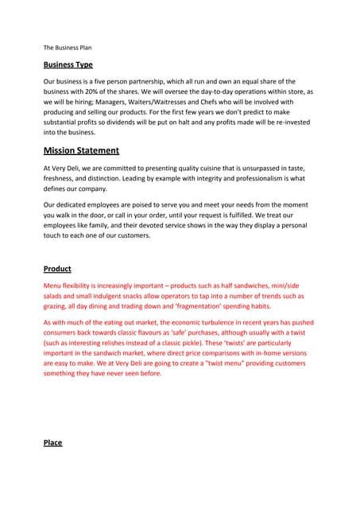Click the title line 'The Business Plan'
point(68,48)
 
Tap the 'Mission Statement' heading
point(81,150)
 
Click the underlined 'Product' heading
point(57,269)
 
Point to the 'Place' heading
point(52,442)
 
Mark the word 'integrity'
point(215,178)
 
